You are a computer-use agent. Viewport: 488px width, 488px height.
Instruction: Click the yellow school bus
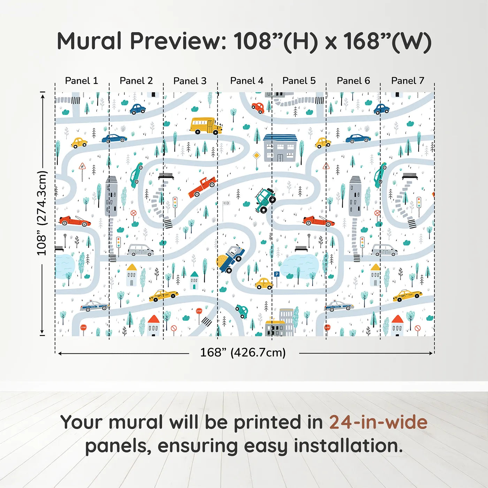coord(206,126)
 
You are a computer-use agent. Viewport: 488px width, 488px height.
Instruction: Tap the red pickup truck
coord(202,186)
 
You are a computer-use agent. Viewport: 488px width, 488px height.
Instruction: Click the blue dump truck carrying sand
coord(231,259)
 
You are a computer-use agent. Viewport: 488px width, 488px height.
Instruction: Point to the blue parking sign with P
coord(276,275)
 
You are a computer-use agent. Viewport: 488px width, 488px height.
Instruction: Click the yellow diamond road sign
coord(257,155)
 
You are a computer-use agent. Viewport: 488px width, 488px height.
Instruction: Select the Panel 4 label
coord(246,81)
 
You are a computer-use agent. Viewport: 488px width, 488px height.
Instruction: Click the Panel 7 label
coord(407,81)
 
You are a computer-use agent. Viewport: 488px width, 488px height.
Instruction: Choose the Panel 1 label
coord(81,81)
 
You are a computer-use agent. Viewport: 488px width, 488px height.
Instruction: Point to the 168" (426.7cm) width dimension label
coord(243,352)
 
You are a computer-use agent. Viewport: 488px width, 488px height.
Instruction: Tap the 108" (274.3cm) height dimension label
coord(42,213)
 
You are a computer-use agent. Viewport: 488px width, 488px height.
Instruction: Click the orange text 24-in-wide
coord(378,422)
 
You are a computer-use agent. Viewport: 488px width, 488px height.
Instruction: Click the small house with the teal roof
coord(194,281)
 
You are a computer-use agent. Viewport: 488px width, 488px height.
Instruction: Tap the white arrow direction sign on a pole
coord(226,204)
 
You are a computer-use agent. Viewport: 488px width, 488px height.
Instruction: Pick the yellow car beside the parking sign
coord(264,284)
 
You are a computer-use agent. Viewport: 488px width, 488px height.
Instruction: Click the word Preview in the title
coord(178,41)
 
